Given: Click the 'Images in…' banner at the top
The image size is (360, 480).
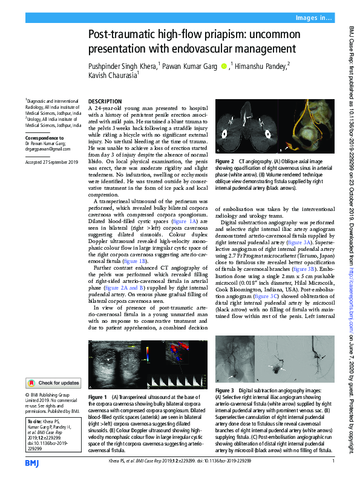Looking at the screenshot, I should pos(313,19).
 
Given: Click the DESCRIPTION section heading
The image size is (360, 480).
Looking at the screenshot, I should pos(105,101).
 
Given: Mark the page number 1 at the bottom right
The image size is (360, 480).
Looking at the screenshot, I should pos(333,462).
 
